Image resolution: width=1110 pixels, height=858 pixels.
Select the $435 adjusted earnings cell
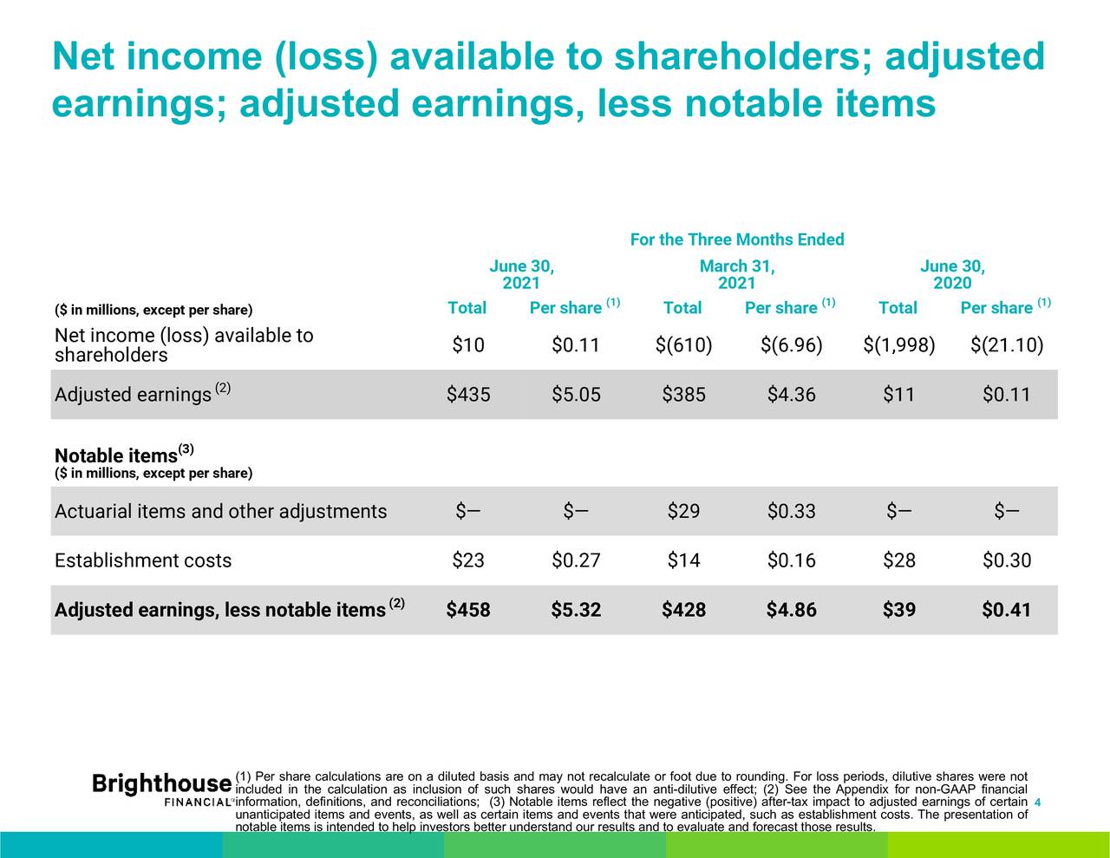pos(468,395)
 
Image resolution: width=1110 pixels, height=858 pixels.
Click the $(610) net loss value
pos(683,346)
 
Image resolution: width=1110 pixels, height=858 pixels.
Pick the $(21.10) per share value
pos(1007,346)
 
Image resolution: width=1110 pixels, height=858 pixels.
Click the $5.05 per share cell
pos(576,395)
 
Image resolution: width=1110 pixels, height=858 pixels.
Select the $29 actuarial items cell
pos(683,511)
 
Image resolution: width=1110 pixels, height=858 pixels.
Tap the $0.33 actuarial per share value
pos(791,511)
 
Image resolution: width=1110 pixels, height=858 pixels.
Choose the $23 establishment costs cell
pos(468,560)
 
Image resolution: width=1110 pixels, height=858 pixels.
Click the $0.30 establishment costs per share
pos(1007,560)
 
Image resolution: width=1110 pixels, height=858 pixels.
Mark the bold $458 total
pos(468,610)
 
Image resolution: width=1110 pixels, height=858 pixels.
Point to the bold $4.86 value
pos(791,610)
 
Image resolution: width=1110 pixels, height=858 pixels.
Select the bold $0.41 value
pos(1007,610)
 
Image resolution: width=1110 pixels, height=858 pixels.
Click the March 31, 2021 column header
pos(737,274)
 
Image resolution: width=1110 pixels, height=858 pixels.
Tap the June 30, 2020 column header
pos(952,274)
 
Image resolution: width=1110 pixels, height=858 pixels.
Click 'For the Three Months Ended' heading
pos(737,239)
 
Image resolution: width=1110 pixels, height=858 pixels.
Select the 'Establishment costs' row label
pos(143,560)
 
